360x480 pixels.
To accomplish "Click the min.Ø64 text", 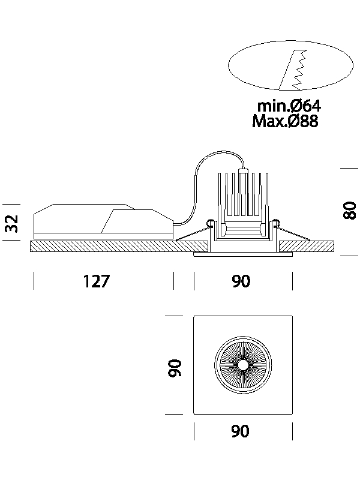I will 289,106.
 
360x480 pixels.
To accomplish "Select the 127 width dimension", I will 97,281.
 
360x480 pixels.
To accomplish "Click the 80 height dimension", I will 350,211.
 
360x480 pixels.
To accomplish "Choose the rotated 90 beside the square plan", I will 175,367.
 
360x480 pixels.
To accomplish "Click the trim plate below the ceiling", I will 242,254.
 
